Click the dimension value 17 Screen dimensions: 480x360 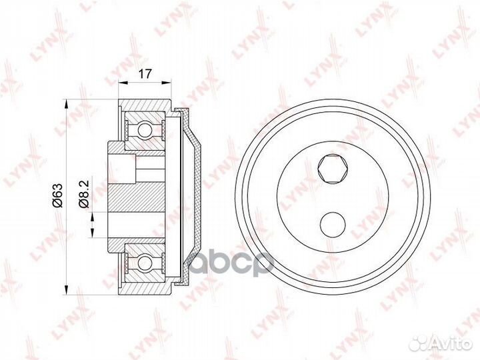point(145,74)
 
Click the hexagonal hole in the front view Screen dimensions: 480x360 point(333,170)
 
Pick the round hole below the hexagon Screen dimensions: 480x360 point(333,225)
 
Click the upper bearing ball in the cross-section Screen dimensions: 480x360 point(145,130)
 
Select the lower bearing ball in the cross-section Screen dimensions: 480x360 point(145,263)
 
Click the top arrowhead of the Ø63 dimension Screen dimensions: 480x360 point(65,103)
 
